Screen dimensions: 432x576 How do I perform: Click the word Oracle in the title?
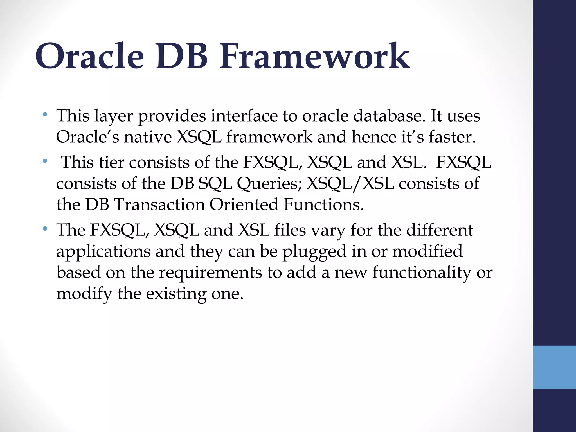tap(89, 56)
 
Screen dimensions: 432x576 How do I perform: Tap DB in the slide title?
tap(182, 56)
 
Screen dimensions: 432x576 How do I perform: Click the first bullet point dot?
tap(45, 114)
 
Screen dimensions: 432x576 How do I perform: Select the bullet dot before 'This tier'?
tap(45, 161)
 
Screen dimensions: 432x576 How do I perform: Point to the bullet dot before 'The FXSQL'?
tap(45, 229)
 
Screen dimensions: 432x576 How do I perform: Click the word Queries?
tap(269, 184)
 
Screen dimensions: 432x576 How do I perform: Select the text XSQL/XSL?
tap(350, 184)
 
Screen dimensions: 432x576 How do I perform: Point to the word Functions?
tap(323, 204)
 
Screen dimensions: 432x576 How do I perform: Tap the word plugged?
tap(314, 251)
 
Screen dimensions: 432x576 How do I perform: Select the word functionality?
tap(422, 273)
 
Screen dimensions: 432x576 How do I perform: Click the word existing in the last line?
tap(176, 294)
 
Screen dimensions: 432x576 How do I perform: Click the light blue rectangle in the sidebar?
tap(554, 367)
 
